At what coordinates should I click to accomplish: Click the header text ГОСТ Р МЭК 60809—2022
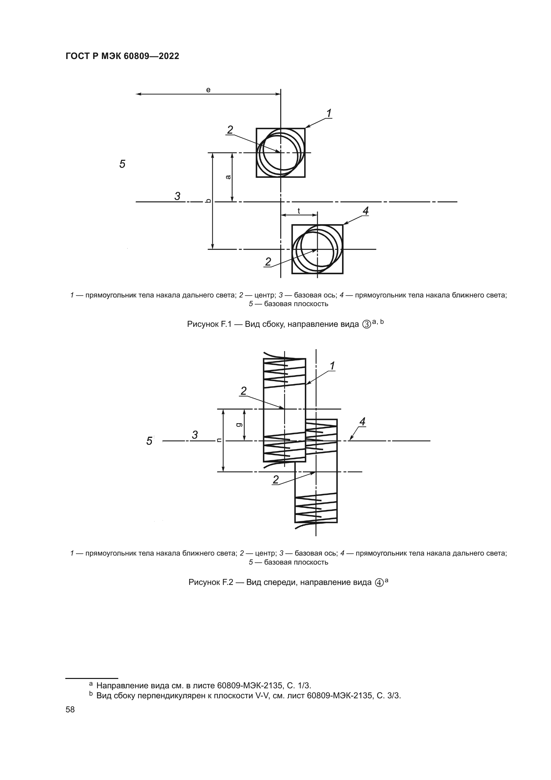[122, 56]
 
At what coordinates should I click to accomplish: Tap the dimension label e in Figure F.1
[208, 90]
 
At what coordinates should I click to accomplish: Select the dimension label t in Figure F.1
[299, 211]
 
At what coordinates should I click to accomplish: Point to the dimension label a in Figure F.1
[228, 177]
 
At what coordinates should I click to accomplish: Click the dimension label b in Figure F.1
[209, 201]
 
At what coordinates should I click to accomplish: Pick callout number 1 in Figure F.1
[329, 113]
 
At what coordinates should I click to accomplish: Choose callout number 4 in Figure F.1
[365, 211]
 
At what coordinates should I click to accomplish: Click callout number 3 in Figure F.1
[178, 196]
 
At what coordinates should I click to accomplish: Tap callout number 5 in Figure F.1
[123, 164]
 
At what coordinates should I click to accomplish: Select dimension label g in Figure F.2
[239, 424]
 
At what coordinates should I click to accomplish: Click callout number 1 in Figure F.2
[332, 366]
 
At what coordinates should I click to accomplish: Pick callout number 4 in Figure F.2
[362, 422]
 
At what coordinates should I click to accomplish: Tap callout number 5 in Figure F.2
[149, 441]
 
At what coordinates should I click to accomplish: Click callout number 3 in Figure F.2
[195, 435]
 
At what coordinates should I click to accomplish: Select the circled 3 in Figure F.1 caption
[366, 324]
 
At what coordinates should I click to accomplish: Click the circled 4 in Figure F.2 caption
[379, 583]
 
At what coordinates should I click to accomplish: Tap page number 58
[70, 709]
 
